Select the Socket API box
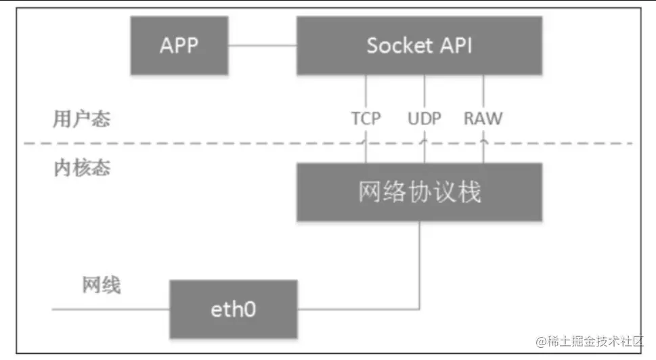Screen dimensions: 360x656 pos(419,45)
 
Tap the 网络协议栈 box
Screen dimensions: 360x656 pos(419,192)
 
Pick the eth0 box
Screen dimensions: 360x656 pos(232,310)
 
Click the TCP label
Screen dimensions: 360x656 pos(366,119)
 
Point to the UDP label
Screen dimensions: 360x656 pos(424,119)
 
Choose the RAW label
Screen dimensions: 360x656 pos(483,119)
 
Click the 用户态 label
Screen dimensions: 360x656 pos(81,120)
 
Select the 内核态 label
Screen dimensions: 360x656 pos(81,167)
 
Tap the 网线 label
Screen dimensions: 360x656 pos(102,285)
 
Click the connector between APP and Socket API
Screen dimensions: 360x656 pos(262,46)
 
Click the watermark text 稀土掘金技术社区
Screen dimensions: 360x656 pos(588,342)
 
